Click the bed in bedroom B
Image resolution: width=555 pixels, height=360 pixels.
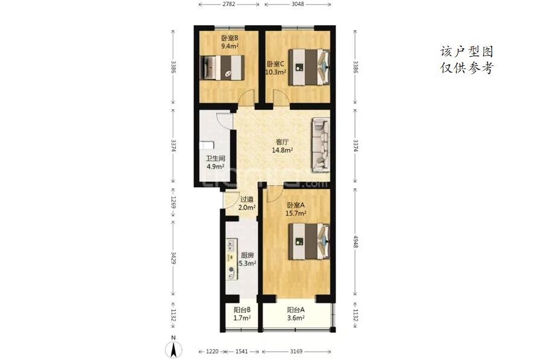point(222,67)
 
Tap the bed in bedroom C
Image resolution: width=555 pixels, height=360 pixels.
point(309,67)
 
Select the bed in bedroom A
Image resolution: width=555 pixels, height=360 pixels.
point(309,242)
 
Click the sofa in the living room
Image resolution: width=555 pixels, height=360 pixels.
point(321,145)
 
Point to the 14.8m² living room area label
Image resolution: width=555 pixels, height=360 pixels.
point(282,150)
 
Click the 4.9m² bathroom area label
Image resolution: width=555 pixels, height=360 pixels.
point(216,166)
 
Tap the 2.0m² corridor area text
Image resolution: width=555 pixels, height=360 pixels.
point(247,207)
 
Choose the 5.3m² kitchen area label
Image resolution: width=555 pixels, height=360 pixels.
point(248,263)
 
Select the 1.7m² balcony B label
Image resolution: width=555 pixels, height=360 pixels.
point(242,318)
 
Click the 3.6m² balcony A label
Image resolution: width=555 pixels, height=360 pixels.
point(296,318)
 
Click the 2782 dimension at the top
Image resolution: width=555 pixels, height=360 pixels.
point(229,4)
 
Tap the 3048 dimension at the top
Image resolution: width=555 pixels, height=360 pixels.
point(298,4)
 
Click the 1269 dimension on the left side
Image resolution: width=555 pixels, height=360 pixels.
point(173,202)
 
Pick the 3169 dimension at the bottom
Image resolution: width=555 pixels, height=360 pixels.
point(297,352)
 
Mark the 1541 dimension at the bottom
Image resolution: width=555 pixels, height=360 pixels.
point(242,352)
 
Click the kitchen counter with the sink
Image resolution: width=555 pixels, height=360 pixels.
point(231,259)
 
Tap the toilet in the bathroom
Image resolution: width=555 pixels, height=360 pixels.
point(207,145)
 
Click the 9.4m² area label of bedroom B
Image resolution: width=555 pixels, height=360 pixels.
point(229,46)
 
